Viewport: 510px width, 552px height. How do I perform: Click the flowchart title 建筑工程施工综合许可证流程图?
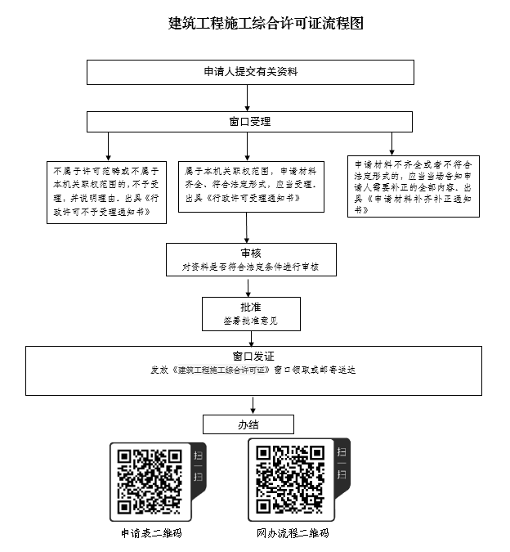[253, 23]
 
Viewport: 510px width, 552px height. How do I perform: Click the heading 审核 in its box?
[250, 253]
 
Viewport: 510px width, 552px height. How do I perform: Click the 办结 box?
[248, 424]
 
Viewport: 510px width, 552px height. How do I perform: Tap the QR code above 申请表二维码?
[150, 481]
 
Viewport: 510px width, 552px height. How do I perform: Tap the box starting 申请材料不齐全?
[414, 186]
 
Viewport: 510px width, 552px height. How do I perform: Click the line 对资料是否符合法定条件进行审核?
[250, 267]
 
